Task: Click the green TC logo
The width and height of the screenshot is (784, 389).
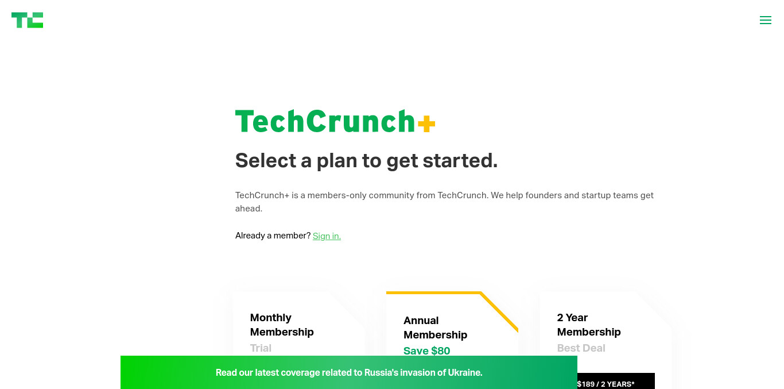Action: coord(28,20)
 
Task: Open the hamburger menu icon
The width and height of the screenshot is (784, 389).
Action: coord(766,20)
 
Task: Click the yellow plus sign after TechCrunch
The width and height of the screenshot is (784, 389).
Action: coord(426,124)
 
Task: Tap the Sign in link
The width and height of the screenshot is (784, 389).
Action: coord(327,236)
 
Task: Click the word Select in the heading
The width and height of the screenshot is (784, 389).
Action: coord(266,160)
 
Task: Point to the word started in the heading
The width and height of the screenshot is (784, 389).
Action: coord(460,160)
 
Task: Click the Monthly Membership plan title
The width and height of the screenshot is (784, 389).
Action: coord(282,325)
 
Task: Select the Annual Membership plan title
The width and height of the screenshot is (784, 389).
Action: coord(435,328)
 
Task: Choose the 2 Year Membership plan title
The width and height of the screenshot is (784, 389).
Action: coord(589,325)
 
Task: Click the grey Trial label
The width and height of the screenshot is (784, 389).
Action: coord(261,348)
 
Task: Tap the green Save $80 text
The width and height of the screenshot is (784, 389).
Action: coord(426,351)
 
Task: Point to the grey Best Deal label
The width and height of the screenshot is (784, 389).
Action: coord(581,348)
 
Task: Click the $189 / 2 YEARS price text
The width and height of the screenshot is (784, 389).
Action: coord(606,384)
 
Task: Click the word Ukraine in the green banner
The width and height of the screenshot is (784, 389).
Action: coord(465,372)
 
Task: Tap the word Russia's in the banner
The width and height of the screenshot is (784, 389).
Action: coord(381,372)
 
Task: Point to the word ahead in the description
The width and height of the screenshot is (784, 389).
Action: coord(249,209)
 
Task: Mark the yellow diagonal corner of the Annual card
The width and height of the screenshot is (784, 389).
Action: coord(499,311)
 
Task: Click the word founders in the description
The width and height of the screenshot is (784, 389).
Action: coord(542,195)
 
